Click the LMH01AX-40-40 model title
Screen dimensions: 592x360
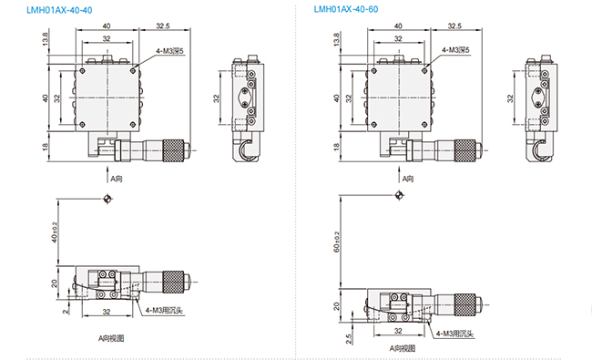[x=59, y=10]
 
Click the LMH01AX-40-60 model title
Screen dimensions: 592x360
[x=346, y=9]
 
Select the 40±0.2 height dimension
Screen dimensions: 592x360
[x=55, y=231]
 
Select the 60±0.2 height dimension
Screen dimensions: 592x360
[x=337, y=242]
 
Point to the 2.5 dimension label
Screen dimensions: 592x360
[x=349, y=338]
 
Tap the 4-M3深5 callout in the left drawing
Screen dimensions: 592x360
[x=170, y=51]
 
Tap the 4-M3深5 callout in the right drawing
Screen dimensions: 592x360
[x=455, y=50]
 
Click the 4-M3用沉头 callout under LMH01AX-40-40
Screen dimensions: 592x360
[x=164, y=311]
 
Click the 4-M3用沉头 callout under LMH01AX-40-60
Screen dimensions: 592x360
[x=454, y=334]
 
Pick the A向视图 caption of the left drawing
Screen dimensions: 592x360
[x=111, y=338]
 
